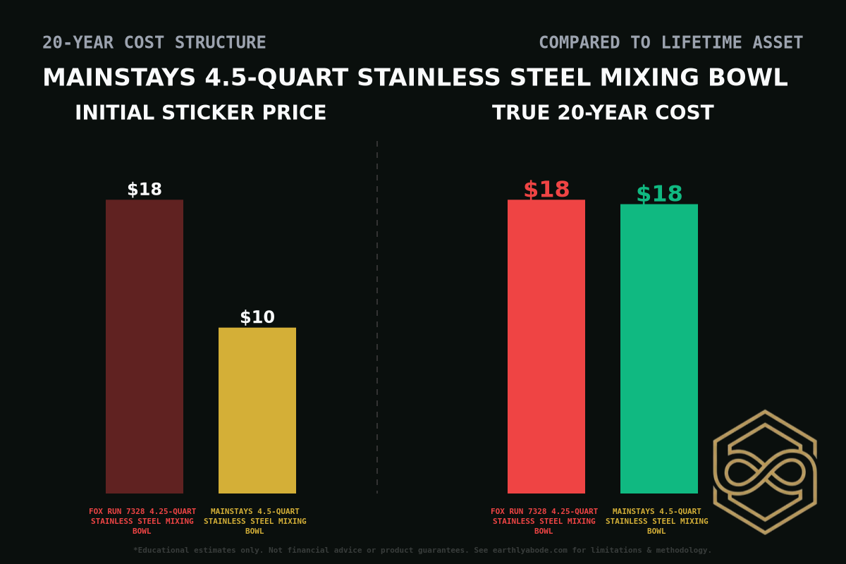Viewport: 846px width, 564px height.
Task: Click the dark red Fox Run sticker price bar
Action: pyautogui.click(x=145, y=346)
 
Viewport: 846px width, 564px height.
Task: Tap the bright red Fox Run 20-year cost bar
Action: pyautogui.click(x=546, y=346)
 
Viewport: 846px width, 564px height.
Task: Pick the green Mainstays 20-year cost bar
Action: pyautogui.click(x=659, y=349)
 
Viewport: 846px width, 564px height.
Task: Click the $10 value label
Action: pyautogui.click(x=257, y=317)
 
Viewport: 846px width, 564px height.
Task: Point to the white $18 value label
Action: pyautogui.click(x=145, y=190)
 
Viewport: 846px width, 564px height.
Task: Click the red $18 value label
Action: pyautogui.click(x=546, y=190)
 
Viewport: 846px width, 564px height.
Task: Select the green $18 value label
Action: pyautogui.click(x=659, y=194)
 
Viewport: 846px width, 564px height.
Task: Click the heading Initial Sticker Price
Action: pyautogui.click(x=201, y=113)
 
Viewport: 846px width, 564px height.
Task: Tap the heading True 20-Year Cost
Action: pyautogui.click(x=603, y=113)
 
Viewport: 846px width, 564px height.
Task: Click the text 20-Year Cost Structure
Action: pyautogui.click(x=154, y=43)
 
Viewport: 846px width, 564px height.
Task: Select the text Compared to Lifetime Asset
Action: pyautogui.click(x=670, y=43)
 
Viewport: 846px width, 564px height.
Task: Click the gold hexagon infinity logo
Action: pyautogui.click(x=765, y=472)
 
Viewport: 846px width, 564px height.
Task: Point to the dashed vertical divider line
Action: pyautogui.click(x=377, y=317)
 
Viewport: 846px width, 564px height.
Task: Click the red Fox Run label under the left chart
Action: pyautogui.click(x=142, y=521)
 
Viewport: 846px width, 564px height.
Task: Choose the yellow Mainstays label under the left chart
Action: pyautogui.click(x=255, y=521)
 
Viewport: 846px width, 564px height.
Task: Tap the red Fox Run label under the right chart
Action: pyautogui.click(x=544, y=521)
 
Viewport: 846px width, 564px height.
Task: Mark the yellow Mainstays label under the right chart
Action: pyautogui.click(x=657, y=521)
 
